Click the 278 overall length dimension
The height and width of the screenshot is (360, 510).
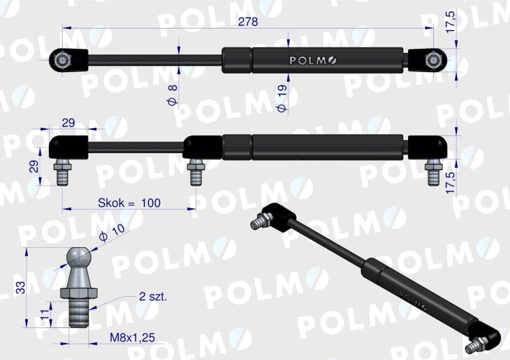(x=248, y=21)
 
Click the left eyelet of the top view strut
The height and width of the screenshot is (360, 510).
(x=63, y=60)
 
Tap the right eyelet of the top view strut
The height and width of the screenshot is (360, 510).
(x=432, y=60)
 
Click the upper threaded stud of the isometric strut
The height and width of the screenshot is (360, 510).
(x=261, y=221)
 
